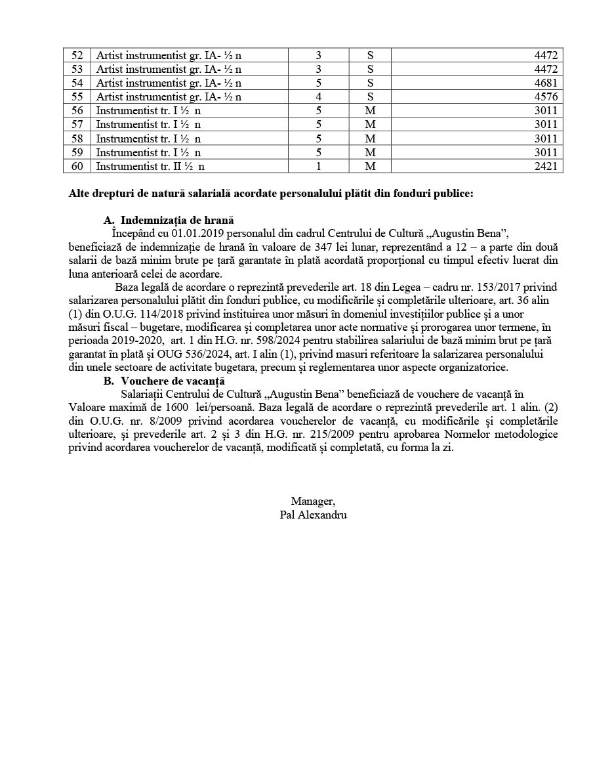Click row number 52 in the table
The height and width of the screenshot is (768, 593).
[77, 55]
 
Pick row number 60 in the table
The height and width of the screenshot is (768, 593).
[77, 166]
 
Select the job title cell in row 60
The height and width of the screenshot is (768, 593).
[150, 166]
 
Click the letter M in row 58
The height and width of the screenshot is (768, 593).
[370, 139]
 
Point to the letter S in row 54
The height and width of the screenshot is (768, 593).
[370, 83]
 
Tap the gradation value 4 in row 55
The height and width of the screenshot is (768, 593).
[319, 96]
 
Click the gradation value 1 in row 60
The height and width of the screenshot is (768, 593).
[319, 166]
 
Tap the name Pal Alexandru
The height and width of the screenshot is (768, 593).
[313, 515]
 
